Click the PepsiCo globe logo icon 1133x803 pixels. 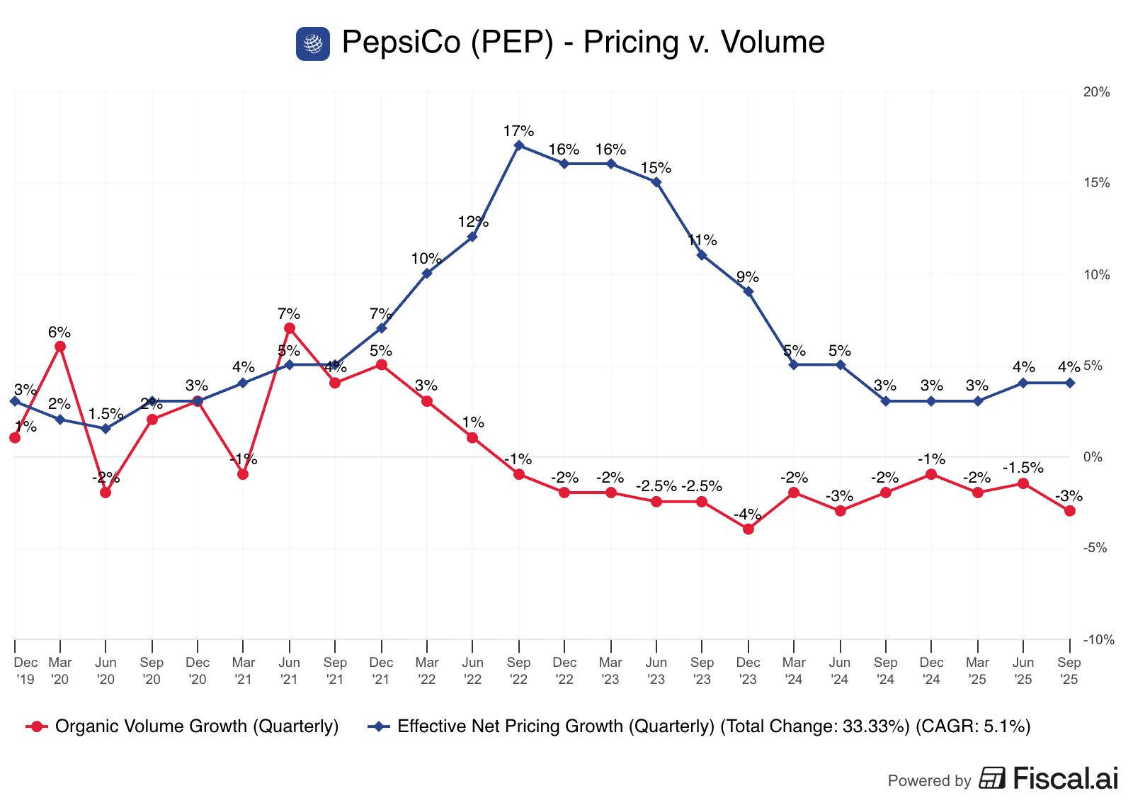[x=312, y=44]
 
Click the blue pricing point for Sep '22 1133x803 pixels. [x=519, y=145]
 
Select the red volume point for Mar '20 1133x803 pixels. [x=60, y=347]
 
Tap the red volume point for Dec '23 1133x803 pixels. [x=748, y=529]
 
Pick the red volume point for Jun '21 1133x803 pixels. [x=289, y=328]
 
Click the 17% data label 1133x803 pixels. [x=518, y=131]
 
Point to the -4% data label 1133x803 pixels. [x=747, y=515]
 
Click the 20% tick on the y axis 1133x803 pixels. [x=1096, y=92]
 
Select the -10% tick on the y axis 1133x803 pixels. [x=1098, y=640]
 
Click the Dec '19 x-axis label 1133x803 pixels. [x=25, y=670]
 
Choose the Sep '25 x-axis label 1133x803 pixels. [x=1069, y=670]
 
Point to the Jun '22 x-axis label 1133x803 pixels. [x=472, y=670]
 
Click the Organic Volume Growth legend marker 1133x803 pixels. [x=37, y=726]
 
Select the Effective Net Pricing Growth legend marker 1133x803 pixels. [x=379, y=726]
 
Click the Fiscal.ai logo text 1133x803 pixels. [x=1065, y=778]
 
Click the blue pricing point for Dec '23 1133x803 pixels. [x=748, y=291]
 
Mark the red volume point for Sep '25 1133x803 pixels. [x=1070, y=511]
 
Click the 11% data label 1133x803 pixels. [x=702, y=240]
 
